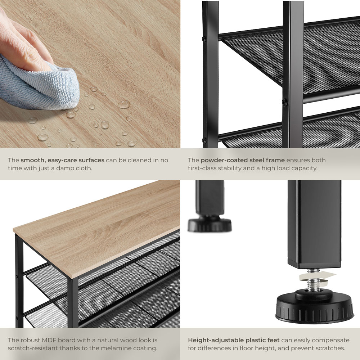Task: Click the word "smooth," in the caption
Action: (33, 160)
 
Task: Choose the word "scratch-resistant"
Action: (33, 348)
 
